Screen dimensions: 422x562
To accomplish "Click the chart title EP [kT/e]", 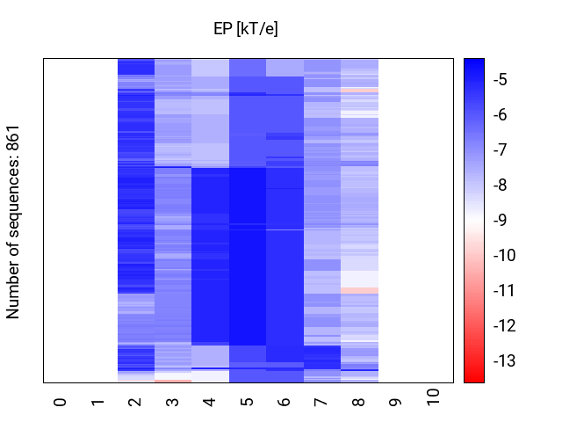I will [246, 29].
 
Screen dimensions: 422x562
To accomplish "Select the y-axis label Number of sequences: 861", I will [13, 221].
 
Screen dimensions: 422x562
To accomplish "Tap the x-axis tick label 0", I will [61, 402].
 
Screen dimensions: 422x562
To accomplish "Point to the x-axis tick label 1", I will [97, 402].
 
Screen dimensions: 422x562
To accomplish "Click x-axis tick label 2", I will [135, 402].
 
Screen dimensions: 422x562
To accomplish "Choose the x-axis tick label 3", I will [172, 402].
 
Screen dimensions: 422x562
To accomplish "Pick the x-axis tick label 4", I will [210, 402].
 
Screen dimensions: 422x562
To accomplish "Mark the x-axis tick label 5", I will [247, 402].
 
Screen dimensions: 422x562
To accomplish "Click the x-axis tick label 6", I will [285, 402].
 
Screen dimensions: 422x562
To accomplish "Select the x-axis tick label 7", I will [321, 402].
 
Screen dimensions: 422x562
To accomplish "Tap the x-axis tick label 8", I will [359, 402].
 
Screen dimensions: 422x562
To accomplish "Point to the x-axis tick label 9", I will [396, 402].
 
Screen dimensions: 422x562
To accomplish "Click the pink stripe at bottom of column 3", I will [172, 381].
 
